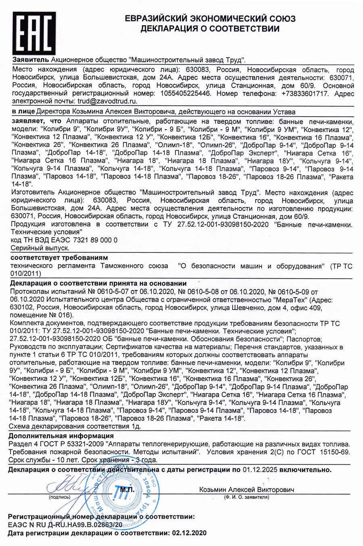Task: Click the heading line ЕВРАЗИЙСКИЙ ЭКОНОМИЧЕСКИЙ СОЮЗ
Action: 209,19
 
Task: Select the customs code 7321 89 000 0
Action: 93,240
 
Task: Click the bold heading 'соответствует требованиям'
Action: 59,257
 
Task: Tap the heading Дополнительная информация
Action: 61,436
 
